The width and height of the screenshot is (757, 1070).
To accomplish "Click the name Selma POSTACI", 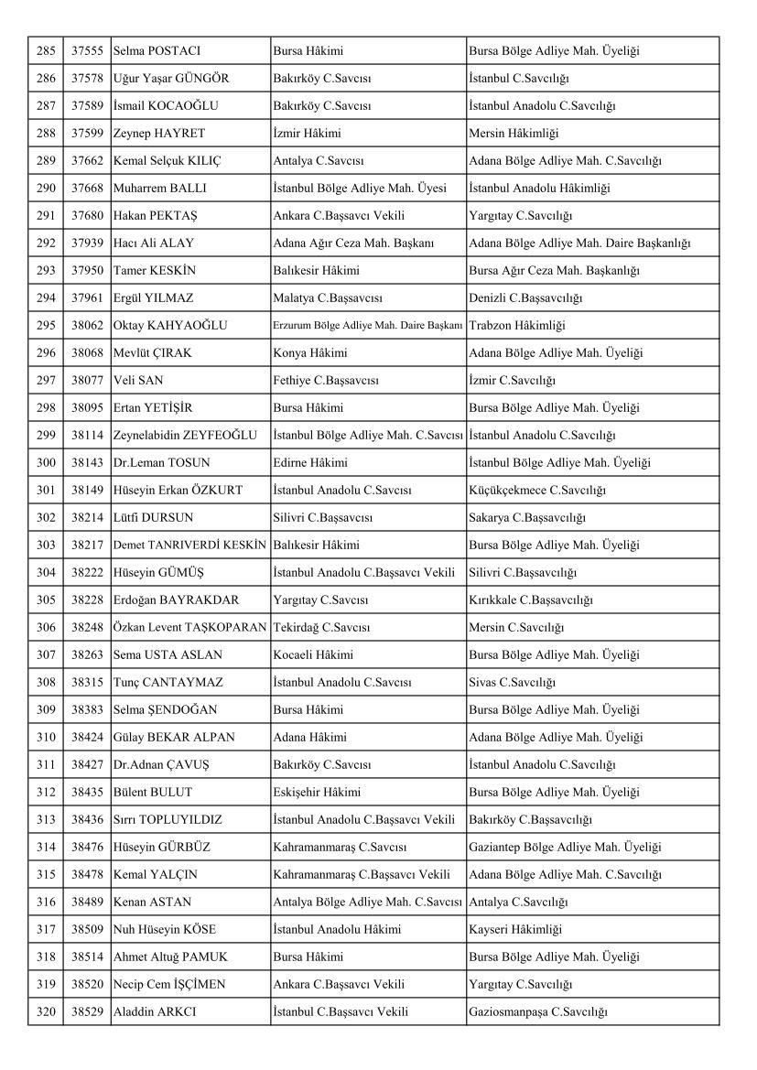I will (157, 51).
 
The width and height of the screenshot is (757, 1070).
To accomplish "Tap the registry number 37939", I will (87, 243).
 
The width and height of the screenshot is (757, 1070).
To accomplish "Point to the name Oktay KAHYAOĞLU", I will (170, 326).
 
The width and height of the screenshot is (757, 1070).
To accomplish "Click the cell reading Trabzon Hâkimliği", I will (516, 326).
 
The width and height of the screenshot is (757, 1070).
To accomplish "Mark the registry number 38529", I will (87, 1012).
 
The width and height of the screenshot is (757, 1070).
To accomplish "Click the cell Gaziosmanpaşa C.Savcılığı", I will (538, 1012).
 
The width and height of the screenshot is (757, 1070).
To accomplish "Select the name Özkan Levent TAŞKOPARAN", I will (189, 628).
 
